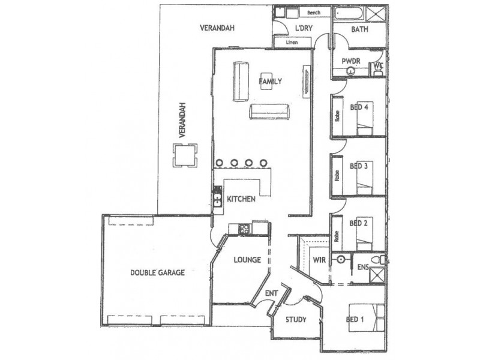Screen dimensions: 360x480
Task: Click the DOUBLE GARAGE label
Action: [x=157, y=272]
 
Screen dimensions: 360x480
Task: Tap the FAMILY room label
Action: [x=270, y=80]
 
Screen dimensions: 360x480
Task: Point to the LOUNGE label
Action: [x=247, y=260]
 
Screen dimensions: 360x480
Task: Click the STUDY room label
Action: [x=296, y=320]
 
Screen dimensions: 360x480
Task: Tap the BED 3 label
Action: [x=358, y=166]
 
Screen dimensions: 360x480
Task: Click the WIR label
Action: [x=319, y=260]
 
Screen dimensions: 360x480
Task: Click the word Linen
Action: [x=292, y=43]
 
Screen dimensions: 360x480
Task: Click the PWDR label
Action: [x=350, y=61]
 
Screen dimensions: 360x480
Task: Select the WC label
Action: [x=379, y=66]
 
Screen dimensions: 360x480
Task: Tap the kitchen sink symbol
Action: [x=217, y=197]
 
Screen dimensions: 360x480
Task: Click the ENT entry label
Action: [x=271, y=293]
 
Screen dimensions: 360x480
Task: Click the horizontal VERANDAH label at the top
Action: [x=217, y=28]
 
